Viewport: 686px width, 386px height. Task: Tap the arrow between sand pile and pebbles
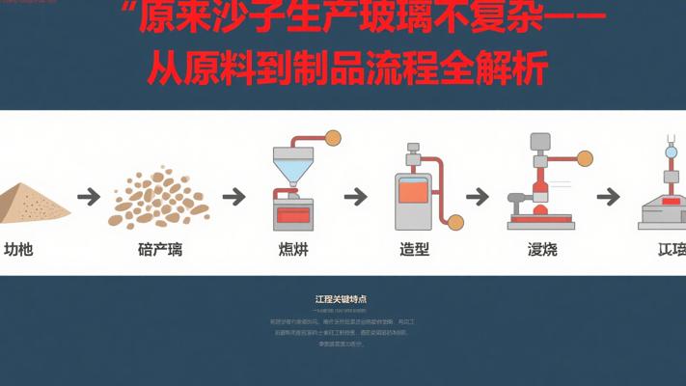point(89,197)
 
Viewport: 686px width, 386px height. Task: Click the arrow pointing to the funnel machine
point(233,197)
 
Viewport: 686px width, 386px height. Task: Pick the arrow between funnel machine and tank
point(355,197)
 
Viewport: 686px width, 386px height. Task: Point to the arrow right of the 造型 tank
point(478,197)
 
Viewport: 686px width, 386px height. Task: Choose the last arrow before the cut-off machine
point(607,197)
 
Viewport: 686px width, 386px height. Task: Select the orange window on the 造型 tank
point(413,192)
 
